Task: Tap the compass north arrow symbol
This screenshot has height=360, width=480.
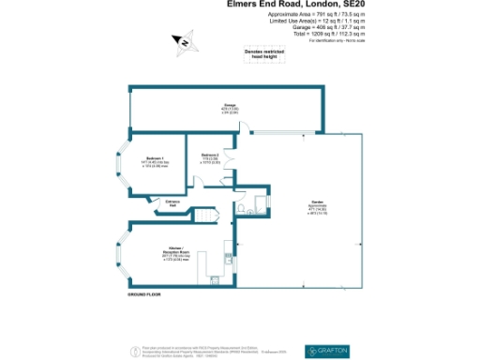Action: [x=185, y=42]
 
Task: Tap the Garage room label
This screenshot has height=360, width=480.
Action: [x=228, y=107]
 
